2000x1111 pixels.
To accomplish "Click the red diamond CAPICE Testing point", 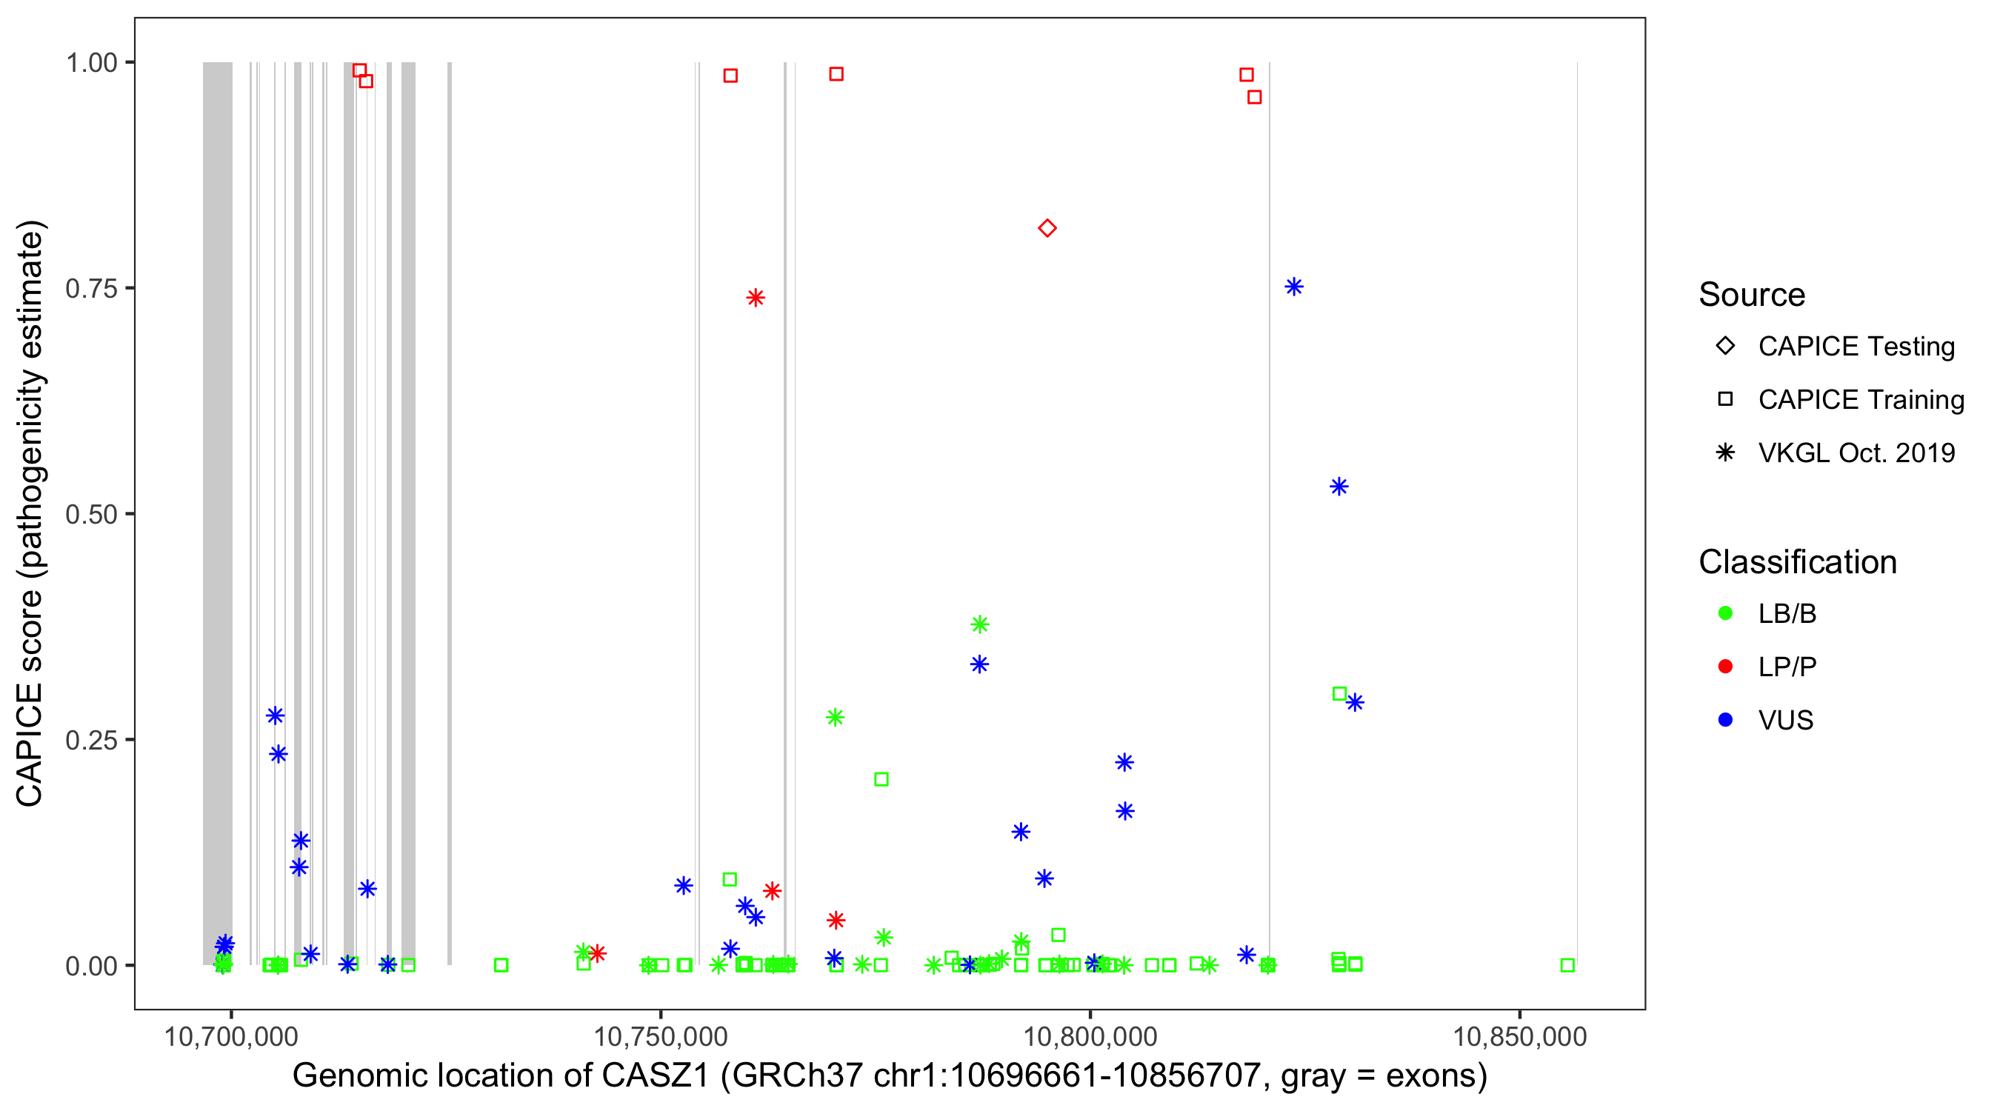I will (x=1047, y=228).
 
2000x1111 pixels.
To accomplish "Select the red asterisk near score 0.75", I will (x=756, y=298).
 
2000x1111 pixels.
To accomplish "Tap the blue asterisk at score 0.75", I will (x=1293, y=287).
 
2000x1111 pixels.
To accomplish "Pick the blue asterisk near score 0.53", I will (x=1339, y=487).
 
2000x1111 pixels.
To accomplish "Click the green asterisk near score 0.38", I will (x=980, y=624).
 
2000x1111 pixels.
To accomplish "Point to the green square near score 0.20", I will (x=881, y=779).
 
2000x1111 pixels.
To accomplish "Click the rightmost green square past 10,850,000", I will (x=1567, y=965).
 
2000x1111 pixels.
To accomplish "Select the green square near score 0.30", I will (x=1339, y=694).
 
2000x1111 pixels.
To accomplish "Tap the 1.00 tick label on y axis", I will (x=91, y=63).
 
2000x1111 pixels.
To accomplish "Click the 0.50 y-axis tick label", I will (x=91, y=514).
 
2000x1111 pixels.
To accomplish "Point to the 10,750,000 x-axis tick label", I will (x=660, y=1036).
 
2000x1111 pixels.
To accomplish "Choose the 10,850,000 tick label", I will (x=1519, y=1036).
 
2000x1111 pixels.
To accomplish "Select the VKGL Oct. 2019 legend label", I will (x=1856, y=453).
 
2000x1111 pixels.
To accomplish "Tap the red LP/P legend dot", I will (x=1725, y=667).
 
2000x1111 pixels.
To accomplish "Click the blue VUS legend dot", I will (x=1725, y=720).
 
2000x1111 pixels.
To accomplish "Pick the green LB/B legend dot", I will (x=1725, y=613).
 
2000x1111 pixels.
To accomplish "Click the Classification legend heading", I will (x=1797, y=562).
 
